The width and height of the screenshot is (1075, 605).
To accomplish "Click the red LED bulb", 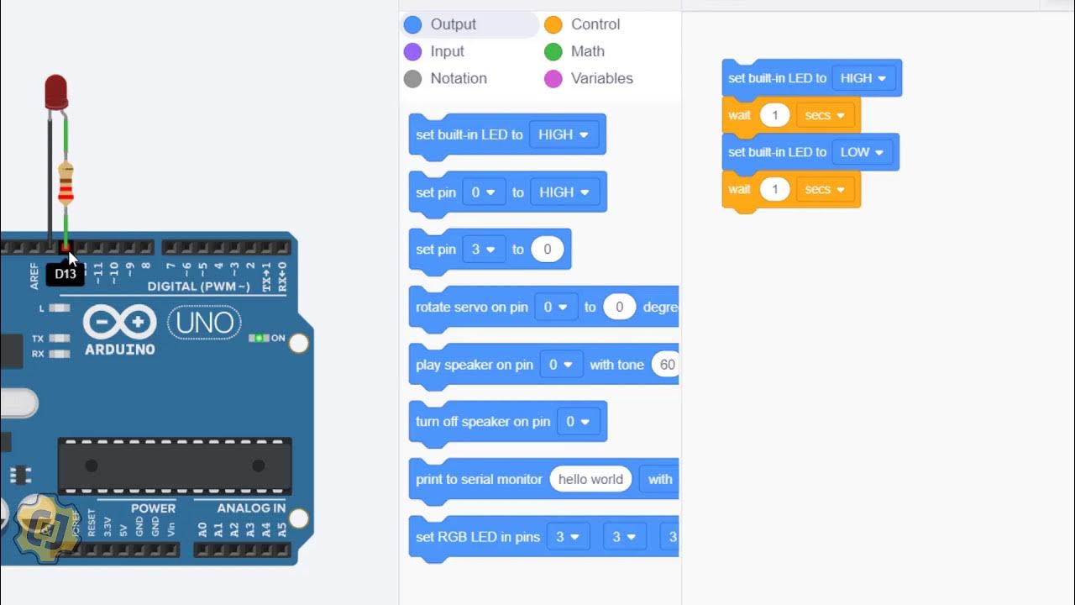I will [x=56, y=92].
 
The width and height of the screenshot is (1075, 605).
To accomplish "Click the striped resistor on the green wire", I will [x=66, y=184].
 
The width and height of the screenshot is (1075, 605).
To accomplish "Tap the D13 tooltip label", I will [x=66, y=274].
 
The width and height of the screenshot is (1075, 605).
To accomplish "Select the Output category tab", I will [x=453, y=24].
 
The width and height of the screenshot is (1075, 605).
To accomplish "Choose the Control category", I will [x=595, y=24].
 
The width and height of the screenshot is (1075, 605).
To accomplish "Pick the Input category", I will [x=447, y=51].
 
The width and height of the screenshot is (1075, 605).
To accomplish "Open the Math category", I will [x=587, y=51].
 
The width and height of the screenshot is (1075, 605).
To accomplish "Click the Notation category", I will [x=458, y=78].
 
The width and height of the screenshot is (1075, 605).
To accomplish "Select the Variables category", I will [x=601, y=78].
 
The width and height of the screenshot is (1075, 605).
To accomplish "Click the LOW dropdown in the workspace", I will [x=862, y=152].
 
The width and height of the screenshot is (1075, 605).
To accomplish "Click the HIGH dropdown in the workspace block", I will [x=863, y=78].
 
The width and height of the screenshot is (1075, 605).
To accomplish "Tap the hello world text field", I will [x=590, y=479].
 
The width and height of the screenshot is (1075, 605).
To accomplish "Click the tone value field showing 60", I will [x=667, y=365].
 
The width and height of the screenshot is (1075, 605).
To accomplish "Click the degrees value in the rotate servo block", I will [x=620, y=307].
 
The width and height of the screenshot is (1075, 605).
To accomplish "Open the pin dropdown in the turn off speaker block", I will [x=577, y=422].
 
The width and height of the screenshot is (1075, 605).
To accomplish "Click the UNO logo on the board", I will [x=204, y=323].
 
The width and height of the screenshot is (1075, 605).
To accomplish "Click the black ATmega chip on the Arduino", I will [x=175, y=466].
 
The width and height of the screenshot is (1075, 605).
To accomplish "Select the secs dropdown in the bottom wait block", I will [x=825, y=189].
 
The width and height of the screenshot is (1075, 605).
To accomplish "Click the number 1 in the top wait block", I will [x=774, y=115].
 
